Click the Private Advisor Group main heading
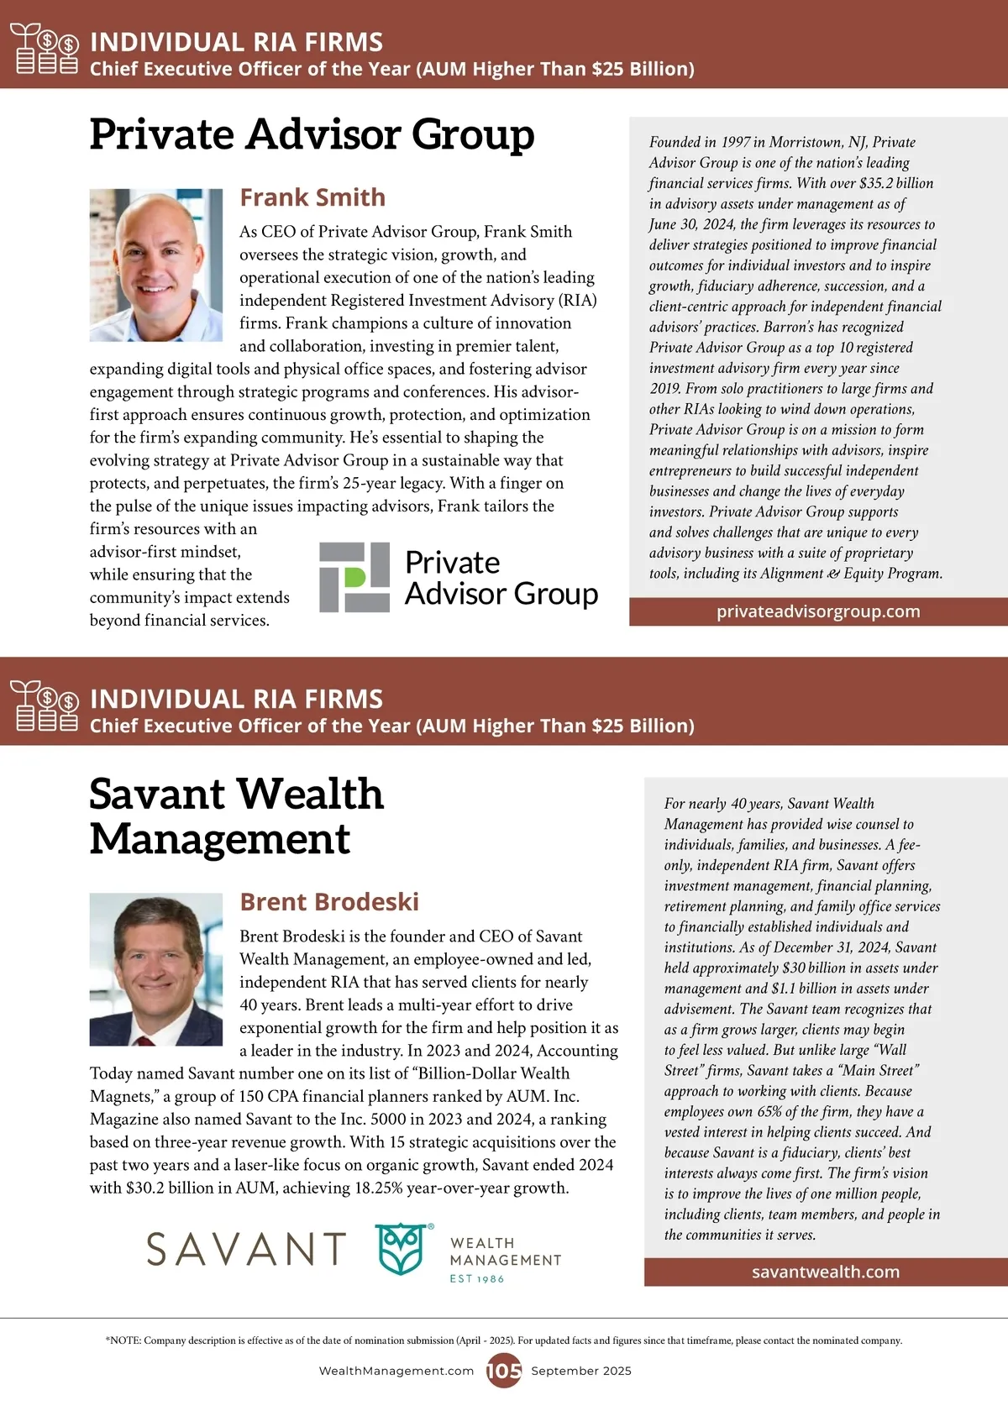(x=312, y=134)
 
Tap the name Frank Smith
(x=312, y=197)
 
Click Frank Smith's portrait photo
(x=156, y=265)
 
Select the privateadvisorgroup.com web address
(x=818, y=611)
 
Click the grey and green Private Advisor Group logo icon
(x=354, y=577)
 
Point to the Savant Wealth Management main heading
(x=236, y=816)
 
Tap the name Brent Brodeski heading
(x=329, y=902)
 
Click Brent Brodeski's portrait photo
(x=156, y=969)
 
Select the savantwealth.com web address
(x=826, y=1272)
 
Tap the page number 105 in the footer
(x=504, y=1371)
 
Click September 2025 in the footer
(x=581, y=1371)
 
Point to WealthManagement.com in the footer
(x=396, y=1371)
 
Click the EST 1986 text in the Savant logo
(x=477, y=1278)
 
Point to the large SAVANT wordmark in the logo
(x=246, y=1249)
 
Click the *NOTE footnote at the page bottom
(x=504, y=1340)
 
